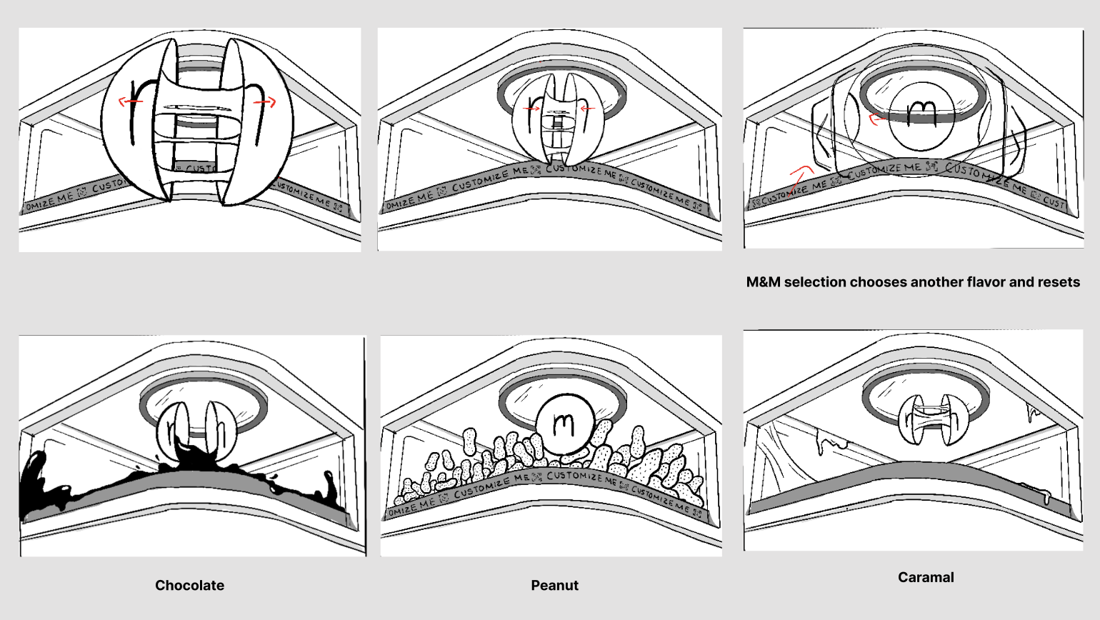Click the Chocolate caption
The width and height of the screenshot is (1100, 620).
189,586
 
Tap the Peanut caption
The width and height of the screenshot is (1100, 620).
554,586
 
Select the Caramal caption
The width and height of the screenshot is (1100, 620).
926,577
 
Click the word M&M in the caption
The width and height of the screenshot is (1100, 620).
763,282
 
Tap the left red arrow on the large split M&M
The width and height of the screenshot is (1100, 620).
130,101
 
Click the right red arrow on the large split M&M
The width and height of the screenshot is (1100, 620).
265,103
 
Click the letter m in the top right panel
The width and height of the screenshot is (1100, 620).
921,114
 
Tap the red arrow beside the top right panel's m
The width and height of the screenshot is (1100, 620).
877,119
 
